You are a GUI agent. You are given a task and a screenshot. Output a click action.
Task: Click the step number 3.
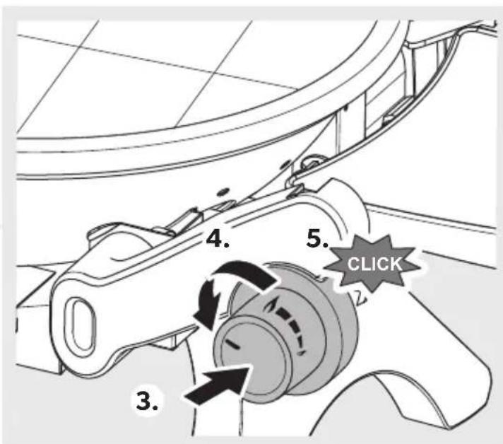tap(147, 401)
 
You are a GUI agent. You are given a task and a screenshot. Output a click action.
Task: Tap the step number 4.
tap(218, 240)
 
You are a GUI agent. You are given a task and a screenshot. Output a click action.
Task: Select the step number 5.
tap(317, 239)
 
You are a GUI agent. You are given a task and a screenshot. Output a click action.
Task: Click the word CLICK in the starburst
tap(374, 264)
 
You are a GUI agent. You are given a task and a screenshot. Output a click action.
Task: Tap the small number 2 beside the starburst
tap(360, 298)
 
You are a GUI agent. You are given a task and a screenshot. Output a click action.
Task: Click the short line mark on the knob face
tap(232, 345)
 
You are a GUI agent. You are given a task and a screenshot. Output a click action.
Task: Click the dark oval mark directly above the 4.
tap(222, 192)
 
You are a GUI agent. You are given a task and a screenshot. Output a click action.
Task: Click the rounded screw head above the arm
tap(313, 161)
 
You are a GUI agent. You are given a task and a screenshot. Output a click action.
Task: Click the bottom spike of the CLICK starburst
tap(372, 291)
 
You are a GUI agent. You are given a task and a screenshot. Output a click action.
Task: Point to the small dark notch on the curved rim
tap(346, 108)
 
